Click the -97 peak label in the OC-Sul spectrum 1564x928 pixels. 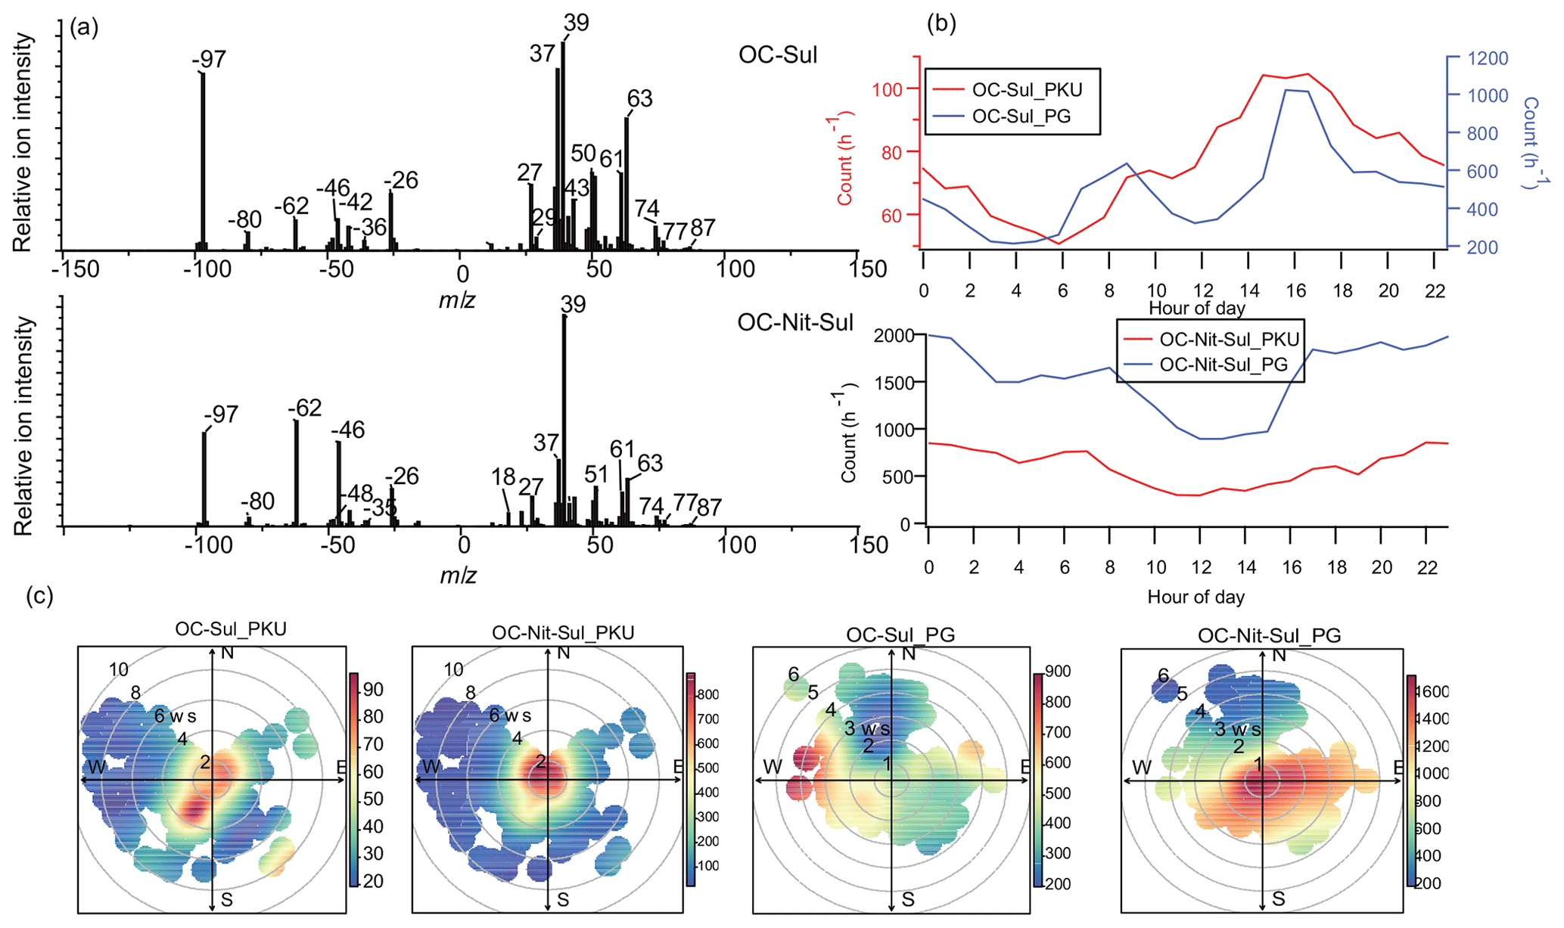pos(209,59)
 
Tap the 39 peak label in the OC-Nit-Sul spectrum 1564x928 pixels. pos(573,304)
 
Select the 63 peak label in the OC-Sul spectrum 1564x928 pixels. pos(639,98)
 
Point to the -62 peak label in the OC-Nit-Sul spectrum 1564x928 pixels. pos(304,408)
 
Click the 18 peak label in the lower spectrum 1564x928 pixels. pos(502,476)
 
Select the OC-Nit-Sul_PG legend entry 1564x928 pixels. pos(1223,365)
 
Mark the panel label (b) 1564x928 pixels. pos(941,23)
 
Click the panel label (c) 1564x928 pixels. pos(39,595)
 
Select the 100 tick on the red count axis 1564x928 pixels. pos(887,89)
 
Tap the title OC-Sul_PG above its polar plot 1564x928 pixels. pos(900,635)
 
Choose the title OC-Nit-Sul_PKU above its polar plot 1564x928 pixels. pos(563,632)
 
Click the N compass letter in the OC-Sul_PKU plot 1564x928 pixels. pos(226,653)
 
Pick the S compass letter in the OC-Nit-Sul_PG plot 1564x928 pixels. pos(1278,899)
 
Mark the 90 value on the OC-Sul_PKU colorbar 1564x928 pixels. pos(372,689)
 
